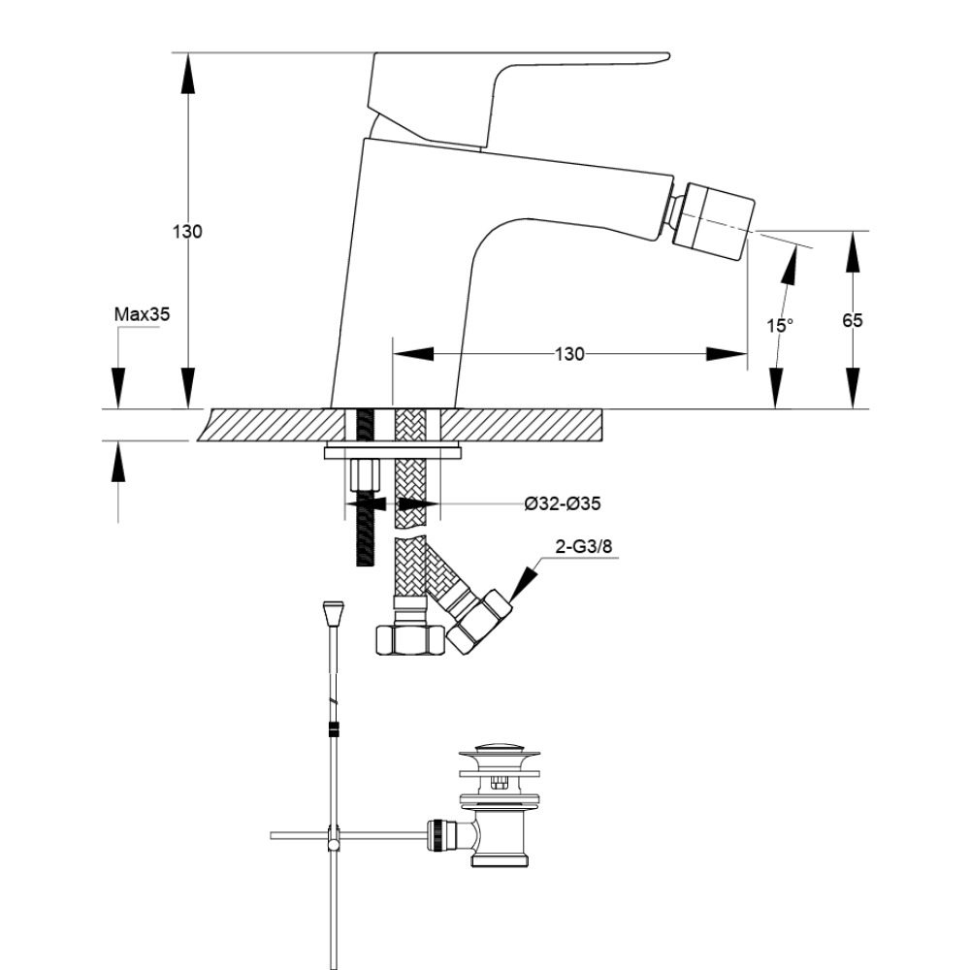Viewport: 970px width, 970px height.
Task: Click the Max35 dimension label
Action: pos(143,313)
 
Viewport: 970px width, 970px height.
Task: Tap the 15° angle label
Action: pos(780,326)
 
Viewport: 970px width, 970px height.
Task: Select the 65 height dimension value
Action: pos(852,320)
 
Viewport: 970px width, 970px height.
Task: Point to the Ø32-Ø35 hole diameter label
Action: pos(563,503)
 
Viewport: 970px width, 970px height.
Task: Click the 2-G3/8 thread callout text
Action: pos(584,547)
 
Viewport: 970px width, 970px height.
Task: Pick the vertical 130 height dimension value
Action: pos(187,232)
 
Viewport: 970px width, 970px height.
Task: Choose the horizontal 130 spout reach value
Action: pos(569,354)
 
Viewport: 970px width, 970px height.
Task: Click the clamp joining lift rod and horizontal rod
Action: pos(334,836)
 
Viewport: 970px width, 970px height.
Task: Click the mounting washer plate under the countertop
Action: pos(392,451)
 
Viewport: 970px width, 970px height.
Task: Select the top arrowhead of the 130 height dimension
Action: pos(187,73)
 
